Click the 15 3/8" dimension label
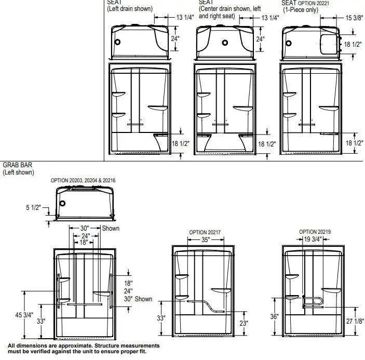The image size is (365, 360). (354, 18)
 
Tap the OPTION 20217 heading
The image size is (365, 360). (205, 232)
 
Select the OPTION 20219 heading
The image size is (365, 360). (315, 232)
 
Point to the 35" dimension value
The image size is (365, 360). (206, 239)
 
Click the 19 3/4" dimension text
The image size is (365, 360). (313, 239)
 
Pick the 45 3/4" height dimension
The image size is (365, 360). (24, 315)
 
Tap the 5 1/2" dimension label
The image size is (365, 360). (34, 207)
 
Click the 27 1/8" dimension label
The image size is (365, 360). (355, 322)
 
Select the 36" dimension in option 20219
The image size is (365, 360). (275, 316)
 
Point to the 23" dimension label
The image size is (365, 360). (244, 323)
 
